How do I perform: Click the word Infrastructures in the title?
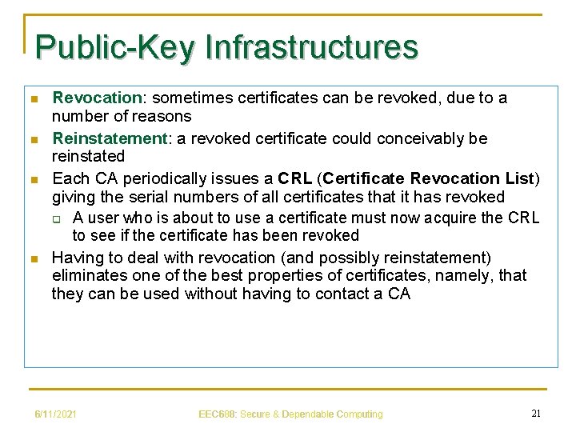pyautogui.click(x=311, y=46)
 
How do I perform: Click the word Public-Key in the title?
pyautogui.click(x=114, y=46)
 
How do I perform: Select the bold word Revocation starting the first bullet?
pyautogui.click(x=96, y=98)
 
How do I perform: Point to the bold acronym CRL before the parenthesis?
pyautogui.click(x=295, y=177)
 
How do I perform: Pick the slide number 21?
pyautogui.click(x=536, y=413)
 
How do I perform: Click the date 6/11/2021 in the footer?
pyautogui.click(x=55, y=414)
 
